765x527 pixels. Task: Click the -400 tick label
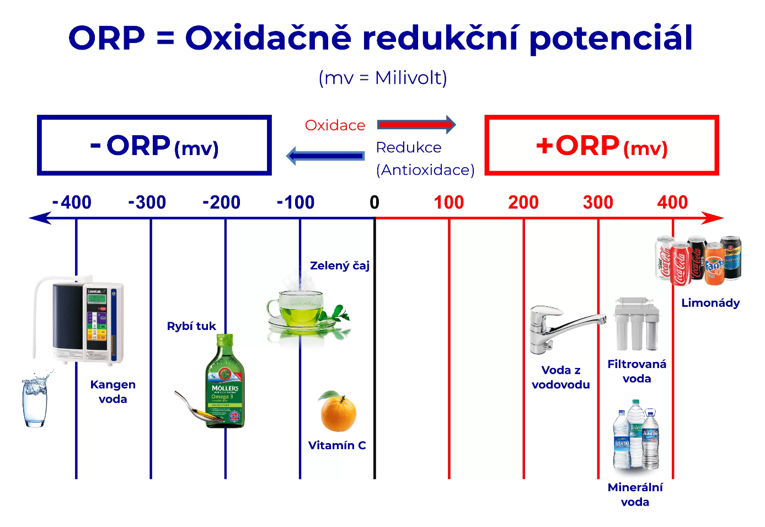(x=72, y=202)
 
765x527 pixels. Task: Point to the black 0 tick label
(x=375, y=202)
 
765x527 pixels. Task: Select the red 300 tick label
(x=598, y=202)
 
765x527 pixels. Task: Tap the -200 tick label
(x=221, y=202)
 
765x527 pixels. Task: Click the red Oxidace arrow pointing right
(x=416, y=124)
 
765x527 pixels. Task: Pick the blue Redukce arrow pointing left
(x=325, y=156)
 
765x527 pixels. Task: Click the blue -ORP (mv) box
(x=154, y=145)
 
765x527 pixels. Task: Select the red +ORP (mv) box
(x=602, y=145)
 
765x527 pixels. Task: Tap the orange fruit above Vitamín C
(x=338, y=412)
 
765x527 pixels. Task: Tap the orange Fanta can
(x=714, y=264)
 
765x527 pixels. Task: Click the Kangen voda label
(x=113, y=392)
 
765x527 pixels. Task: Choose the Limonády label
(x=710, y=303)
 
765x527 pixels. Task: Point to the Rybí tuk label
(x=191, y=326)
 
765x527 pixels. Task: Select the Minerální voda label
(x=635, y=494)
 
